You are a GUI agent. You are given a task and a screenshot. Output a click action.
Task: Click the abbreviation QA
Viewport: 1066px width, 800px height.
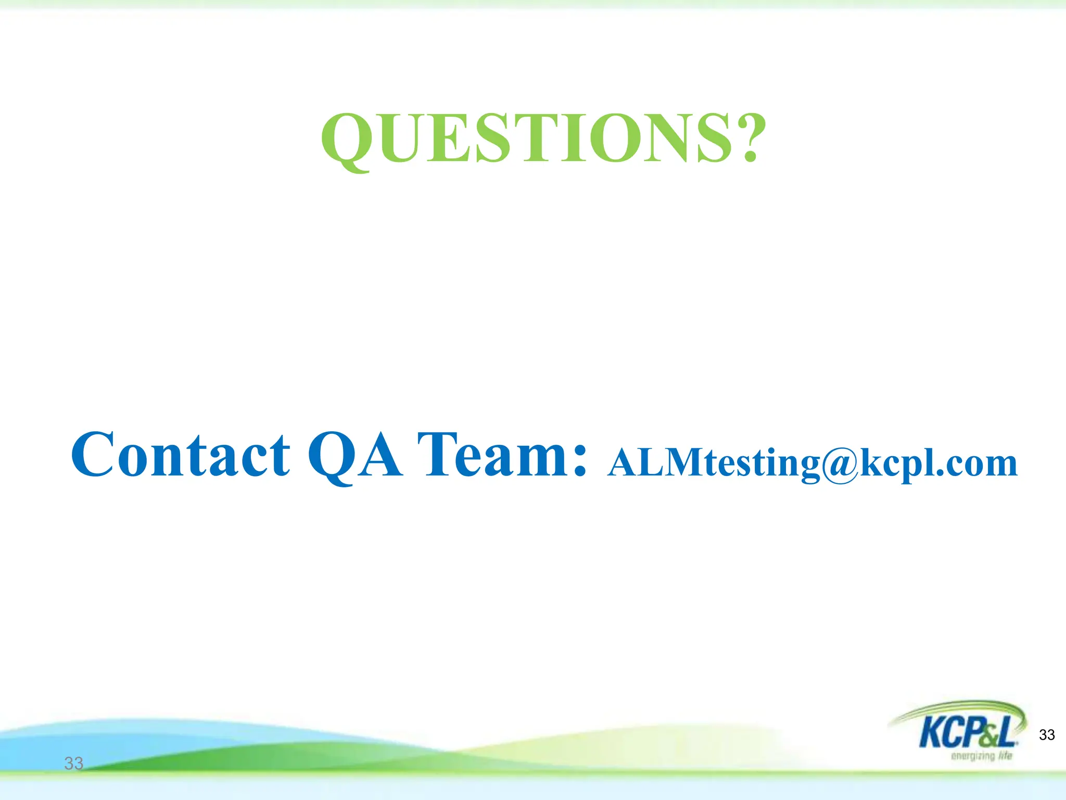[355, 456]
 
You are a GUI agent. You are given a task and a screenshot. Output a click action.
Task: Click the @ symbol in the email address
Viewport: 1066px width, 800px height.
[840, 464]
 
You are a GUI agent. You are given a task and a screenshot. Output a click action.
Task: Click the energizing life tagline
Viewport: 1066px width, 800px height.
[981, 756]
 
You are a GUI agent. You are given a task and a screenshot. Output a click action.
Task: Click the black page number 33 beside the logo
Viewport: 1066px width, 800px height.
[1047, 735]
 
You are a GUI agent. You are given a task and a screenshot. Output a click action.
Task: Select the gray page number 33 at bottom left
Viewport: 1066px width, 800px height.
[73, 764]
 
